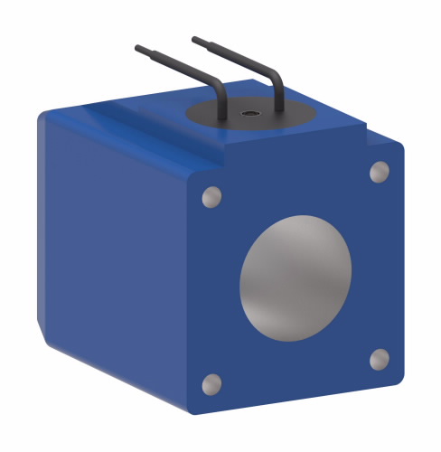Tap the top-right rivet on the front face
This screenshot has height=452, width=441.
(380, 171)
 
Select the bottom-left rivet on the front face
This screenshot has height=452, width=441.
(211, 384)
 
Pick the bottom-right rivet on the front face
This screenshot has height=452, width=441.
(380, 360)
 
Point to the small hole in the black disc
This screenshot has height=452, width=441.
(248, 114)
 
